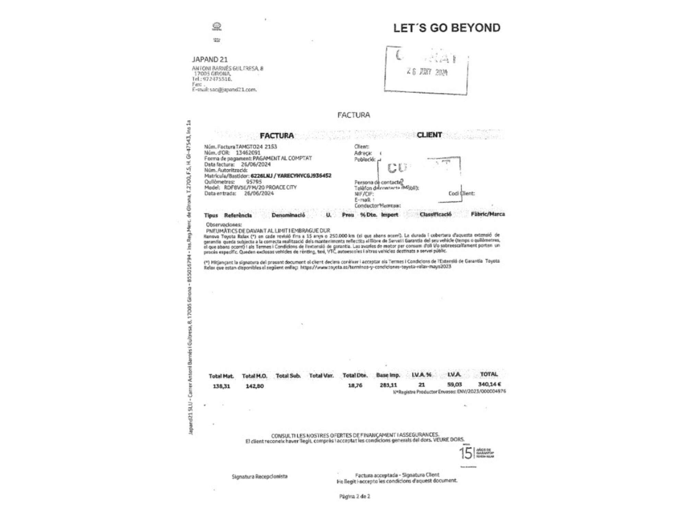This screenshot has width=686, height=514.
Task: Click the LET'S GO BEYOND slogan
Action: pyautogui.click(x=447, y=28)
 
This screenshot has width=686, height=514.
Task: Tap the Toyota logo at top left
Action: pyautogui.click(x=217, y=26)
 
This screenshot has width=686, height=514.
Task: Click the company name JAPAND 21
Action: pyautogui.click(x=210, y=60)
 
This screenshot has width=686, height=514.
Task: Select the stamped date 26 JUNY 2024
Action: pyautogui.click(x=427, y=72)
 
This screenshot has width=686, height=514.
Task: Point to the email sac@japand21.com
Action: pyautogui.click(x=233, y=90)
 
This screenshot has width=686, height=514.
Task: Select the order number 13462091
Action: pyautogui.click(x=248, y=152)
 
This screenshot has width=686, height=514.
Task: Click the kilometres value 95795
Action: pyautogui.click(x=254, y=182)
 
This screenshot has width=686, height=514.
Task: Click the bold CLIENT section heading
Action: pyautogui.click(x=429, y=135)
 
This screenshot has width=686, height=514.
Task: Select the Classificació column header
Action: pyautogui.click(x=435, y=215)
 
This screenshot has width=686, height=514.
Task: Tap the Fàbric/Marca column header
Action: pyautogui.click(x=487, y=214)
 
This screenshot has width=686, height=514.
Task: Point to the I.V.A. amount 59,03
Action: pyautogui.click(x=454, y=385)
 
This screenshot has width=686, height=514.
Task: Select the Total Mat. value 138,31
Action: pyautogui.click(x=221, y=386)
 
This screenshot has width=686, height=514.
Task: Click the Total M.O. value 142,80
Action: pyautogui.click(x=255, y=386)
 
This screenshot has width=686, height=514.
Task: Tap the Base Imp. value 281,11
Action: pyautogui.click(x=388, y=385)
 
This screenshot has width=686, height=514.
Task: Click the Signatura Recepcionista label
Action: pyautogui.click(x=260, y=476)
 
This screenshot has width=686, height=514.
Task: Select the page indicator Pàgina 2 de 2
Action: pyautogui.click(x=355, y=496)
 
